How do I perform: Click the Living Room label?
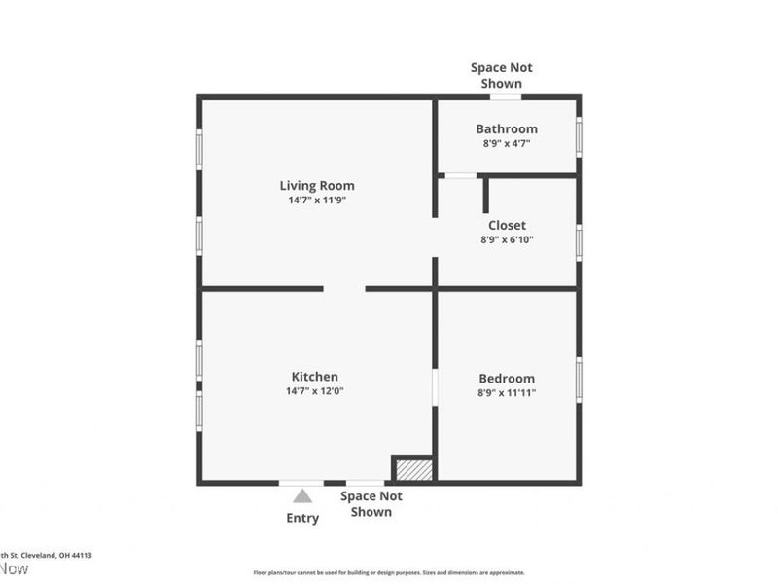pos(317,185)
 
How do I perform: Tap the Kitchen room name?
pos(315,377)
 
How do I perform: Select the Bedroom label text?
pos(507,379)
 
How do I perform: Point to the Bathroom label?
pos(507,128)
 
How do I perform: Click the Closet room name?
pos(507,225)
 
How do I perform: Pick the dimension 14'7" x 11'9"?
pos(317,201)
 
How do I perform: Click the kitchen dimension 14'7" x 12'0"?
pos(315,391)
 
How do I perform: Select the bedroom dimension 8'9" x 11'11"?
pos(507,393)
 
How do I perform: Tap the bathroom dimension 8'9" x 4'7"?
pos(507,143)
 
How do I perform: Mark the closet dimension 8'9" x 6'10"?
pos(507,239)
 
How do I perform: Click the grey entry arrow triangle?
pos(302,496)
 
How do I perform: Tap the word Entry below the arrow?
pos(302,518)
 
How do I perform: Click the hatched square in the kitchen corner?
pos(413,469)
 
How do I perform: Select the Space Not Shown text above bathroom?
pos(502,75)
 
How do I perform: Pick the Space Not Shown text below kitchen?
pos(371,503)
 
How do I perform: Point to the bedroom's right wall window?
pos(579,380)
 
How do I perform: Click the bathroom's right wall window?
pos(579,136)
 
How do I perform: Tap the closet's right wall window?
pos(579,241)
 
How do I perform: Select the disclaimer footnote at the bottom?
pos(389,572)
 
